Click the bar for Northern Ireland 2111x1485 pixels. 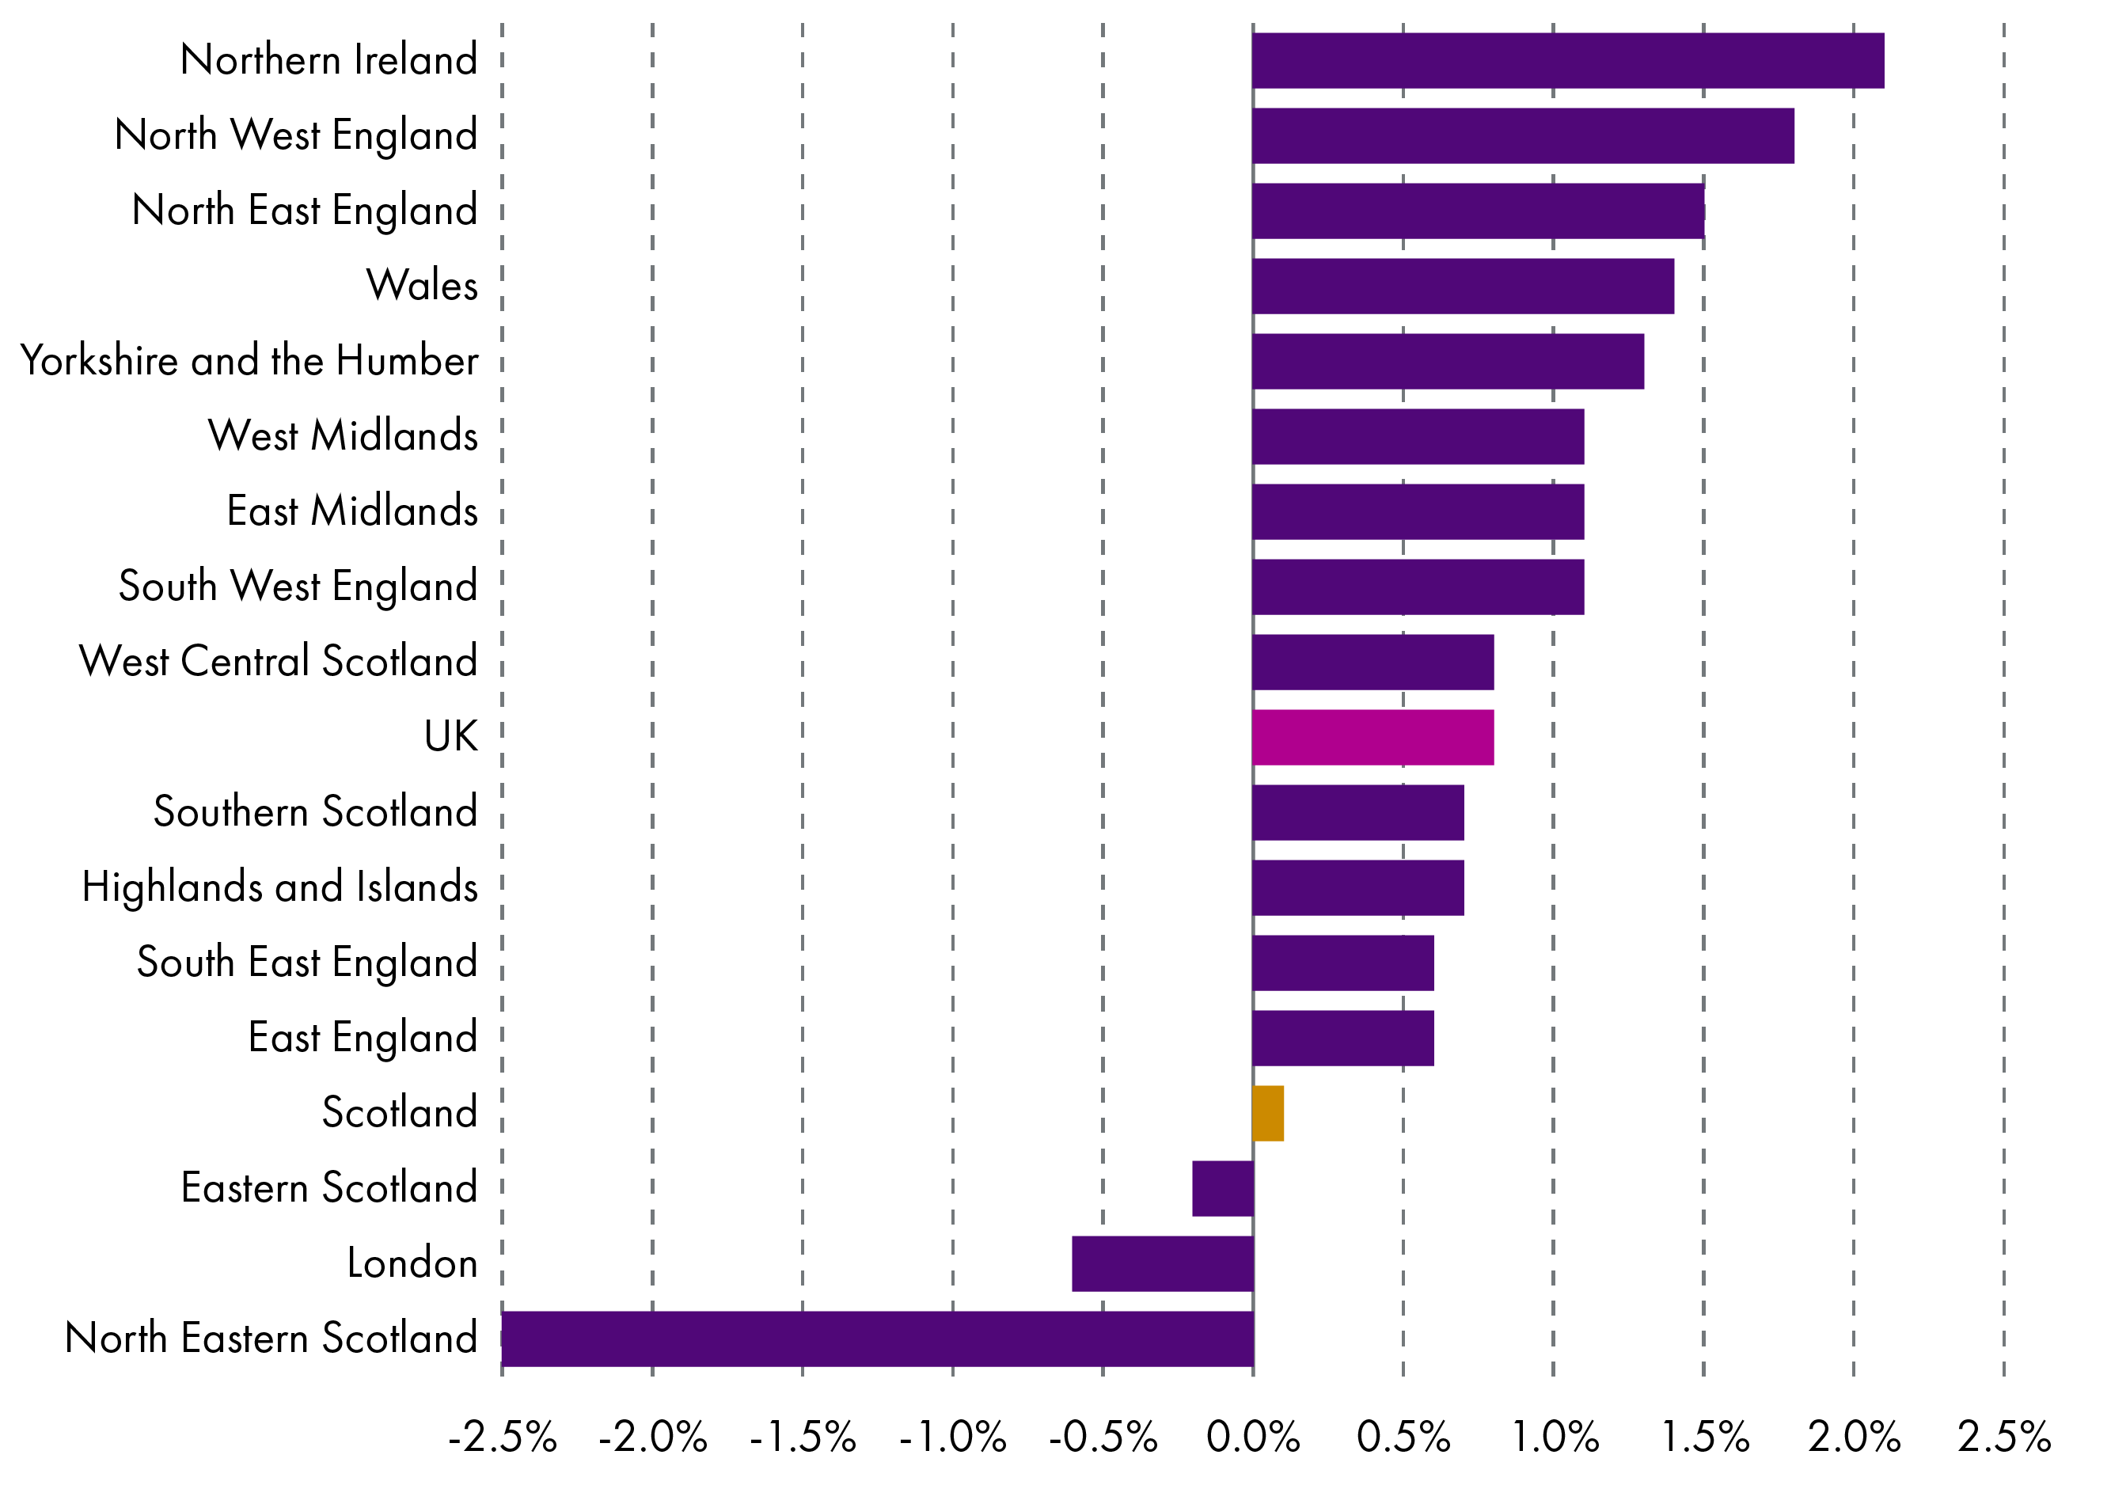point(1568,61)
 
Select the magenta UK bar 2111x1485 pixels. point(1373,738)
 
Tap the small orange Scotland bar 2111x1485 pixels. point(1268,1114)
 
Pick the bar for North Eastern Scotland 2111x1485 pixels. point(877,1339)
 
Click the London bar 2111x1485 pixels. point(1162,1263)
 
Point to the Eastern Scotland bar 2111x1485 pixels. point(1222,1189)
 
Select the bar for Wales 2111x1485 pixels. point(1463,286)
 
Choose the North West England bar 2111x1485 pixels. point(1523,136)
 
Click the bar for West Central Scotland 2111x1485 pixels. point(1373,662)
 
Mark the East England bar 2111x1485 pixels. point(1342,1038)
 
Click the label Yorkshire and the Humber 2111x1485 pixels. point(249,360)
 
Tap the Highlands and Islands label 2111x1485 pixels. point(279,887)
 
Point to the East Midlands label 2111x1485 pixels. point(352,511)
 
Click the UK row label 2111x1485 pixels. point(450,736)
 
